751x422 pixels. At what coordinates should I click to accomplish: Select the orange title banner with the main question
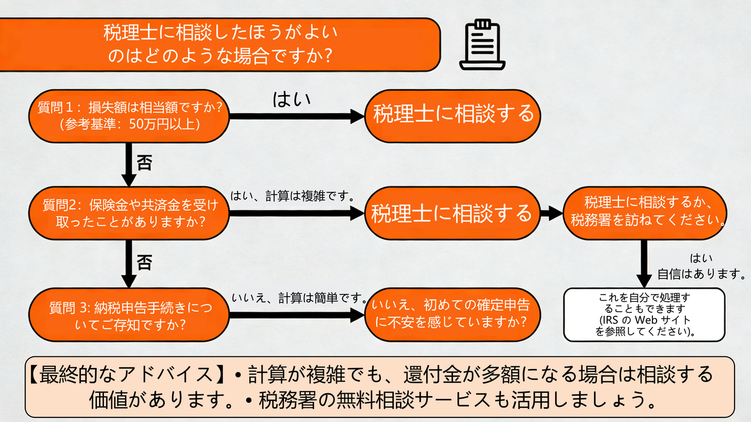click(219, 45)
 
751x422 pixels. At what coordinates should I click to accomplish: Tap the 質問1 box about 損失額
click(129, 116)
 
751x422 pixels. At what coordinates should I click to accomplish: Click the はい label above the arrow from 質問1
click(292, 99)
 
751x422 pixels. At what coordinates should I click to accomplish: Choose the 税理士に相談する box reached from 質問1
click(452, 115)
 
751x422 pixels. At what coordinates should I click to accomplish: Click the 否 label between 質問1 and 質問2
click(144, 163)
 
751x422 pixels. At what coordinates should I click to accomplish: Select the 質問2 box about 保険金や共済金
click(129, 213)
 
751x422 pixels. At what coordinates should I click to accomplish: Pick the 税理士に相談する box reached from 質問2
click(452, 214)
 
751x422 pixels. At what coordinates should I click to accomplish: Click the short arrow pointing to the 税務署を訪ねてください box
click(551, 214)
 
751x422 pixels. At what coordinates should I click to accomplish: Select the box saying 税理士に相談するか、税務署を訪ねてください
click(645, 212)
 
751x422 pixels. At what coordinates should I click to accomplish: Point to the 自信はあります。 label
click(701, 274)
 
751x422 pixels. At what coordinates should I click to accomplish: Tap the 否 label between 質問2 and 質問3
click(144, 261)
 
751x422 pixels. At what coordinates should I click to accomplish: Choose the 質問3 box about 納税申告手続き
click(129, 314)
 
